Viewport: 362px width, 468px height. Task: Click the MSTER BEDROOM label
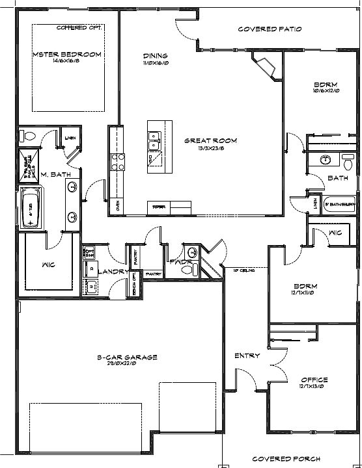tap(66, 55)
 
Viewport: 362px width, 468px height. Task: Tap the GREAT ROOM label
tap(210, 140)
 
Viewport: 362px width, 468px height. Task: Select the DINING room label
tap(155, 56)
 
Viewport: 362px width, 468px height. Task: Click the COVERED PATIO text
tap(270, 29)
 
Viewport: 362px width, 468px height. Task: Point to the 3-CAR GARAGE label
tap(127, 357)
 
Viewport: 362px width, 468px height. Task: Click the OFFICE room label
tap(314, 380)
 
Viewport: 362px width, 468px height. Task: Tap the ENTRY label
tap(247, 356)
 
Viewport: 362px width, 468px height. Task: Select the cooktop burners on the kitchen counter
tap(119, 161)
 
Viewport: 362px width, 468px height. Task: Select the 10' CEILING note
tap(247, 270)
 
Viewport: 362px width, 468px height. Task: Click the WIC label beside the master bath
tap(49, 265)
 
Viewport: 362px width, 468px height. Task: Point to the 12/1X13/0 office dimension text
tap(314, 387)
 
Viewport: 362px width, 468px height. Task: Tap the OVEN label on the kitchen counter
tap(118, 207)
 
